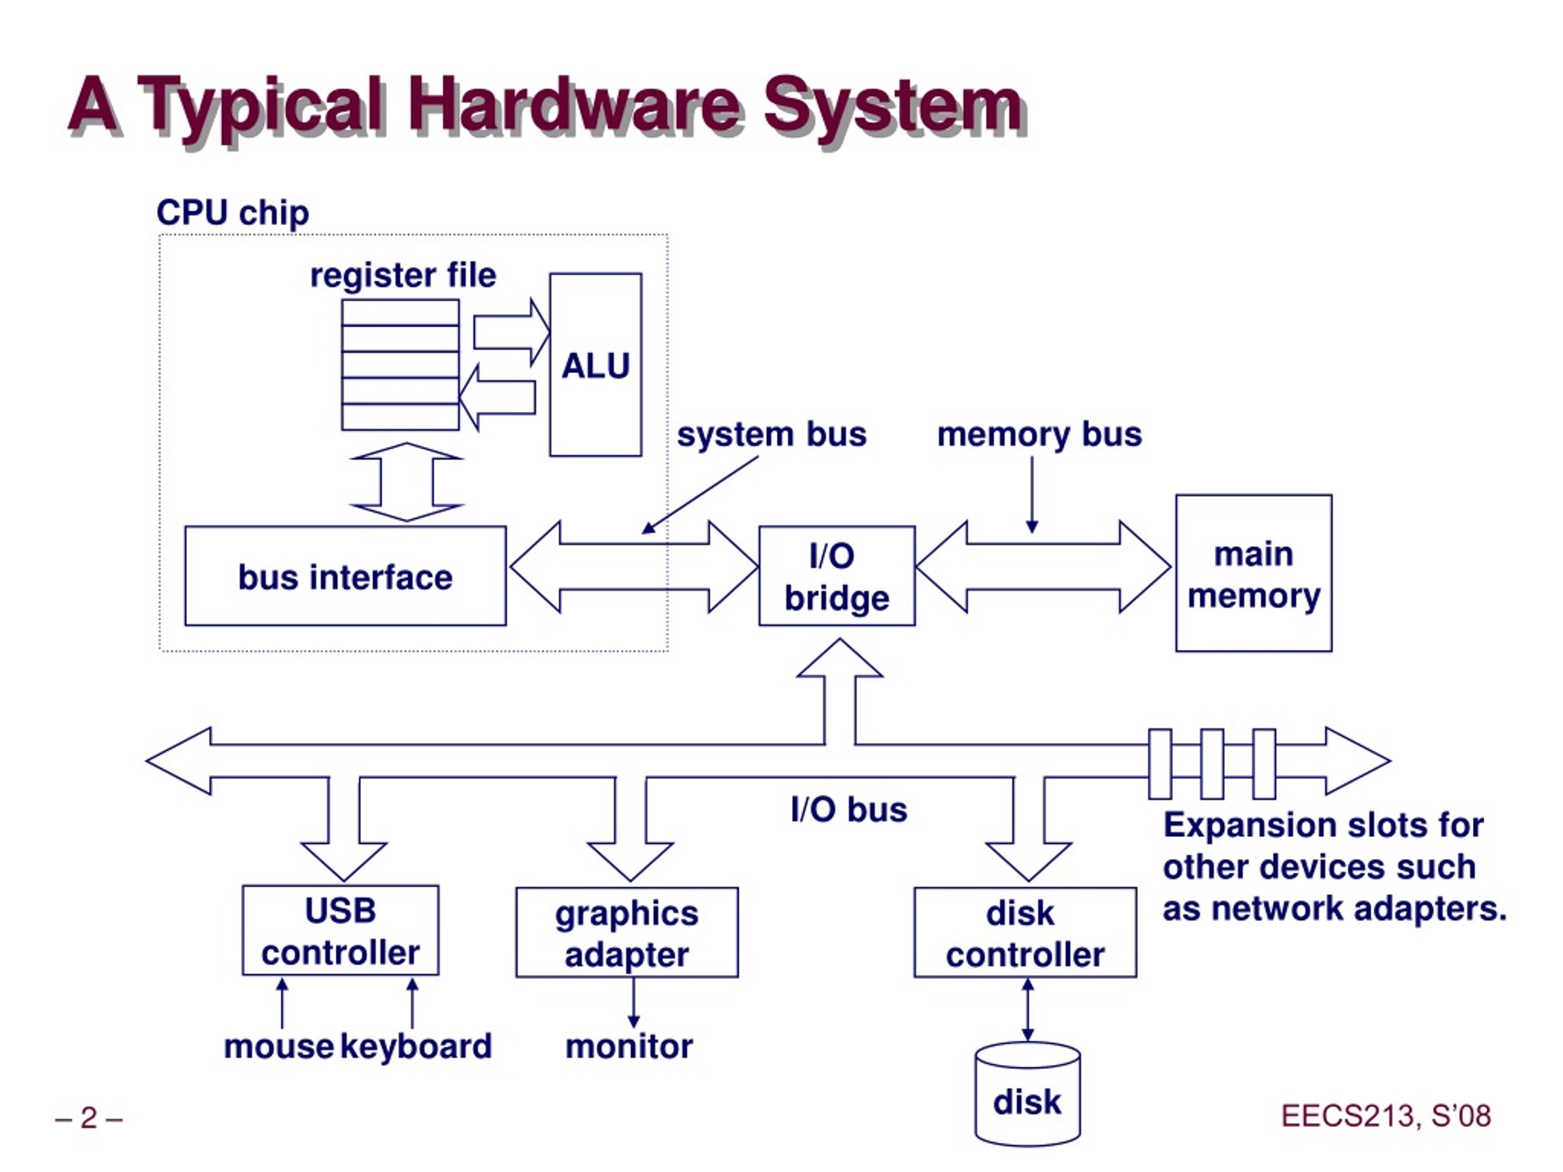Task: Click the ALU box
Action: click(x=596, y=364)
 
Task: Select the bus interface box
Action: click(x=346, y=576)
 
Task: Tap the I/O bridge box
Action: click(x=836, y=576)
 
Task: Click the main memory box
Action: click(x=1253, y=573)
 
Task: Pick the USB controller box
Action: click(x=341, y=930)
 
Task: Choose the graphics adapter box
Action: click(x=627, y=933)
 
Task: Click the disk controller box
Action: click(x=1025, y=933)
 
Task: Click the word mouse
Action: click(x=278, y=1047)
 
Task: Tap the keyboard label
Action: click(x=416, y=1046)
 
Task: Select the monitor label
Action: click(x=629, y=1047)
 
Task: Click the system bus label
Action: click(x=772, y=435)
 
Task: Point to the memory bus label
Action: click(x=1039, y=435)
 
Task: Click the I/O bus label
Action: click(x=849, y=809)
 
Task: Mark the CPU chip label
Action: click(x=233, y=212)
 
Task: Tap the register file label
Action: click(x=403, y=275)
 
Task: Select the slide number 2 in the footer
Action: click(x=89, y=1118)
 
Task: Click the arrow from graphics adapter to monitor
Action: click(x=633, y=1002)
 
